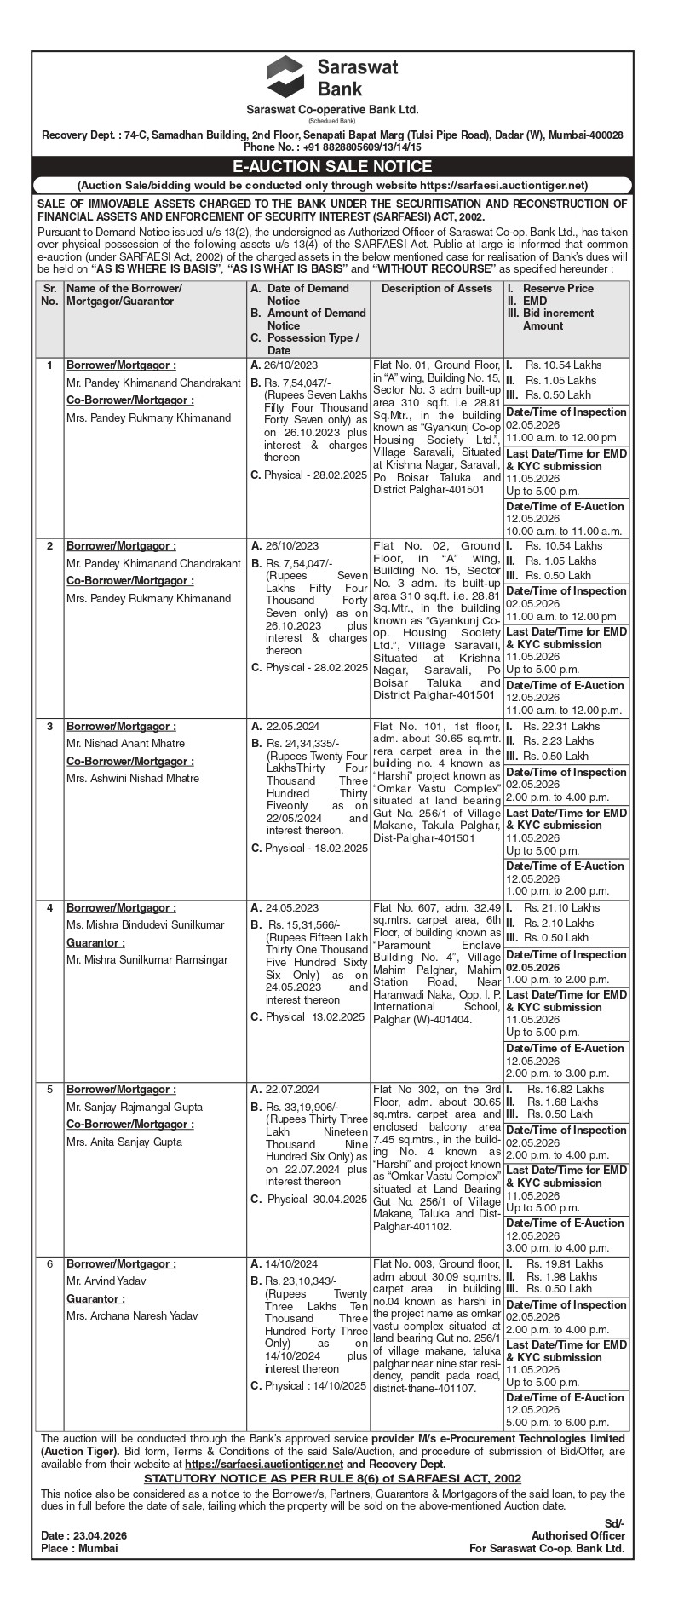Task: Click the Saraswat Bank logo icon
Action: [285, 77]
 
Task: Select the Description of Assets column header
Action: [436, 289]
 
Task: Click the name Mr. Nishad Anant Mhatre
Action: [125, 744]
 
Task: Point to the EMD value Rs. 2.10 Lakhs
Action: [559, 923]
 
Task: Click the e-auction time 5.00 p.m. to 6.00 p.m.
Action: [553, 1423]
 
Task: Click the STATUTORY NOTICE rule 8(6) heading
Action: [332, 1478]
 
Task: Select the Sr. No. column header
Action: [49, 295]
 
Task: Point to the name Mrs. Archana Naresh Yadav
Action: [132, 1315]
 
